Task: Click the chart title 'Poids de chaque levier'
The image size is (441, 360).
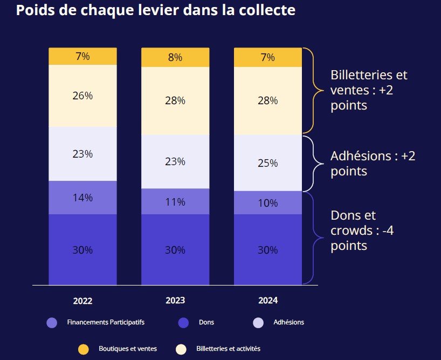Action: pos(156,10)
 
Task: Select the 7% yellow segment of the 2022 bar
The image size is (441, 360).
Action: pos(82,56)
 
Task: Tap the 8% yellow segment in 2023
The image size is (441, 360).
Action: pos(175,57)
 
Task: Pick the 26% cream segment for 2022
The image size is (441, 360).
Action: pos(82,96)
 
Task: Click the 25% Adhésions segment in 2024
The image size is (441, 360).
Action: pos(268,162)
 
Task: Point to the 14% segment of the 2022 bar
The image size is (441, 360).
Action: pos(82,198)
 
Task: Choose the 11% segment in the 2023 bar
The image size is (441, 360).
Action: pos(175,202)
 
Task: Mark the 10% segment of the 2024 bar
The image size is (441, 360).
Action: pos(268,203)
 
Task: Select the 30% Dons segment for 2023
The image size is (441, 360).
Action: pos(175,250)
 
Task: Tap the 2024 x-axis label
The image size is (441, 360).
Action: pos(268,301)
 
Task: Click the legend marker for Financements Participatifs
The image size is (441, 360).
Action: pos(52,323)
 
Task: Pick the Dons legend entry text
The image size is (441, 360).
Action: pos(206,323)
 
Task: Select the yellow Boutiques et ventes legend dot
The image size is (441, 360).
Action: pos(83,349)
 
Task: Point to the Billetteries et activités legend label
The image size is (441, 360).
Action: pos(228,349)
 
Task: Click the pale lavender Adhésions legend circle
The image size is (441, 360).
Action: pos(259,323)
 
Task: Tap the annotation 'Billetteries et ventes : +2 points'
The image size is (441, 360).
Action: pos(369,90)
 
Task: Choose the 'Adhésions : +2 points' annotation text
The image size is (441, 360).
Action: pos(373,164)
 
